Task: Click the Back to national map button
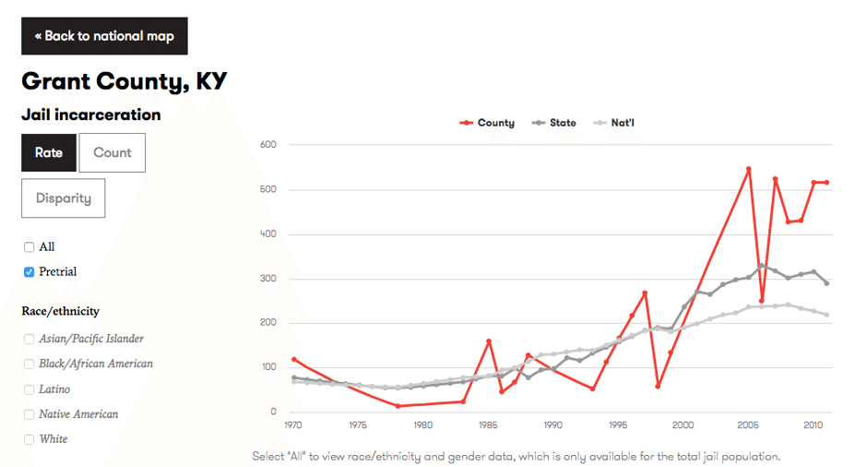[104, 36]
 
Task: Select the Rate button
[49, 153]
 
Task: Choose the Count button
[113, 153]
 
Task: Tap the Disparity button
[63, 198]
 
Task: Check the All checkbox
[30, 247]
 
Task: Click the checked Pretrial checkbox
[30, 272]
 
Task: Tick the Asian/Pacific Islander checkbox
[30, 340]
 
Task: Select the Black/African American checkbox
[30, 365]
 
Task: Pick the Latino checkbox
[30, 389]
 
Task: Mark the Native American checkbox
[30, 414]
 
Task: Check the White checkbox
[30, 439]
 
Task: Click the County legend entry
[488, 123]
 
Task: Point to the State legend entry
[555, 123]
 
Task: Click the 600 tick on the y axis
[269, 145]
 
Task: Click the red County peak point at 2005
[749, 169]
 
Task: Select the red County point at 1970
[294, 359]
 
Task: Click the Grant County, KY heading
[125, 81]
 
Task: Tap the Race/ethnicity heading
[60, 311]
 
